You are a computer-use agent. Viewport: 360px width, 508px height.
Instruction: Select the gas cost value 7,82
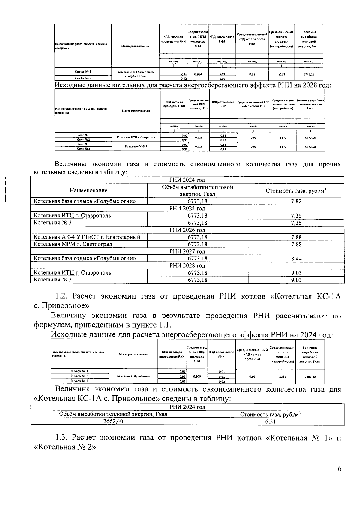pyautogui.click(x=296, y=201)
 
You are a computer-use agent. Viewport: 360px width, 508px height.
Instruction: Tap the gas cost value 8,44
pyautogui.click(x=296, y=259)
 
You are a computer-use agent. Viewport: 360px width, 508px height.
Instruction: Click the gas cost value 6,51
pyautogui.click(x=270, y=422)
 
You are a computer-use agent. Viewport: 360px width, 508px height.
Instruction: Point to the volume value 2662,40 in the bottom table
pyautogui.click(x=113, y=421)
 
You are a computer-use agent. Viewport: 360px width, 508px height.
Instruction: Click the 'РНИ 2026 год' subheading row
pyautogui.click(x=187, y=230)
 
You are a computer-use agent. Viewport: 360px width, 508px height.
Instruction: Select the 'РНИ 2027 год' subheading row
pyautogui.click(x=187, y=251)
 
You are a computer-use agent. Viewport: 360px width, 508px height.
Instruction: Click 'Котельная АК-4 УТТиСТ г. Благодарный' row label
pyautogui.click(x=87, y=237)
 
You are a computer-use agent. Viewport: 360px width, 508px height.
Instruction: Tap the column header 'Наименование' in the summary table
pyautogui.click(x=88, y=191)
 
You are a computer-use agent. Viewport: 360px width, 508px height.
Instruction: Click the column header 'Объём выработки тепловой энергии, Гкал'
pyautogui.click(x=197, y=191)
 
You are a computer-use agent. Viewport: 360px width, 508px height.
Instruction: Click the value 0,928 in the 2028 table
pyautogui.click(x=199, y=138)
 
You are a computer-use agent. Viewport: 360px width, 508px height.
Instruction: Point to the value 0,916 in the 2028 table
pyautogui.click(x=199, y=147)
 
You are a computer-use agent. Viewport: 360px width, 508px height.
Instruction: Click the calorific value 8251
pyautogui.click(x=282, y=377)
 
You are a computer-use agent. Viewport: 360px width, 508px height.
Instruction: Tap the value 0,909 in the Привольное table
pyautogui.click(x=197, y=376)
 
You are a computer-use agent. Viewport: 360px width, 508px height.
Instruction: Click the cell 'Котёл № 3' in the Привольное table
pyautogui.click(x=79, y=381)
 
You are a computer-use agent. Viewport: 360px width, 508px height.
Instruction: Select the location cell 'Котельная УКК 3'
pyautogui.click(x=136, y=147)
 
